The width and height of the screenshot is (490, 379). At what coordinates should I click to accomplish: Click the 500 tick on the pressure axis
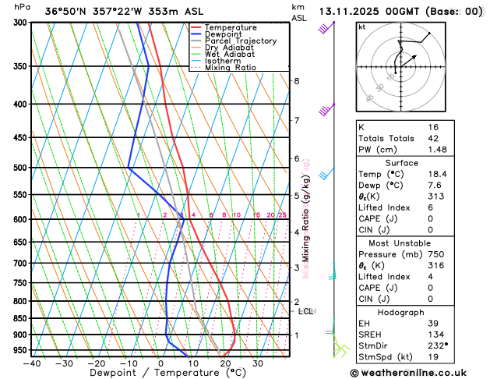[x=19, y=168]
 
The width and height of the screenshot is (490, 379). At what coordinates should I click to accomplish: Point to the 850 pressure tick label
[x=19, y=318]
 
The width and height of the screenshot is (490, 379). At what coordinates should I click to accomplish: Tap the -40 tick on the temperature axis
[x=32, y=363]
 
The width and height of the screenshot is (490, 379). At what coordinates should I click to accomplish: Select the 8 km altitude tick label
[x=297, y=81]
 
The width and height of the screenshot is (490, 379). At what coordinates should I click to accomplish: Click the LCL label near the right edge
[x=306, y=311]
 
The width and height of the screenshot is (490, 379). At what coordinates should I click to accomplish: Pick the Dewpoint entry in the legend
[x=223, y=34]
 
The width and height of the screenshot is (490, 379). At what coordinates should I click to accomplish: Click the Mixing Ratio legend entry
[x=230, y=68]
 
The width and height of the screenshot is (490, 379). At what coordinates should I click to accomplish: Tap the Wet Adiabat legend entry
[x=228, y=55]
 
